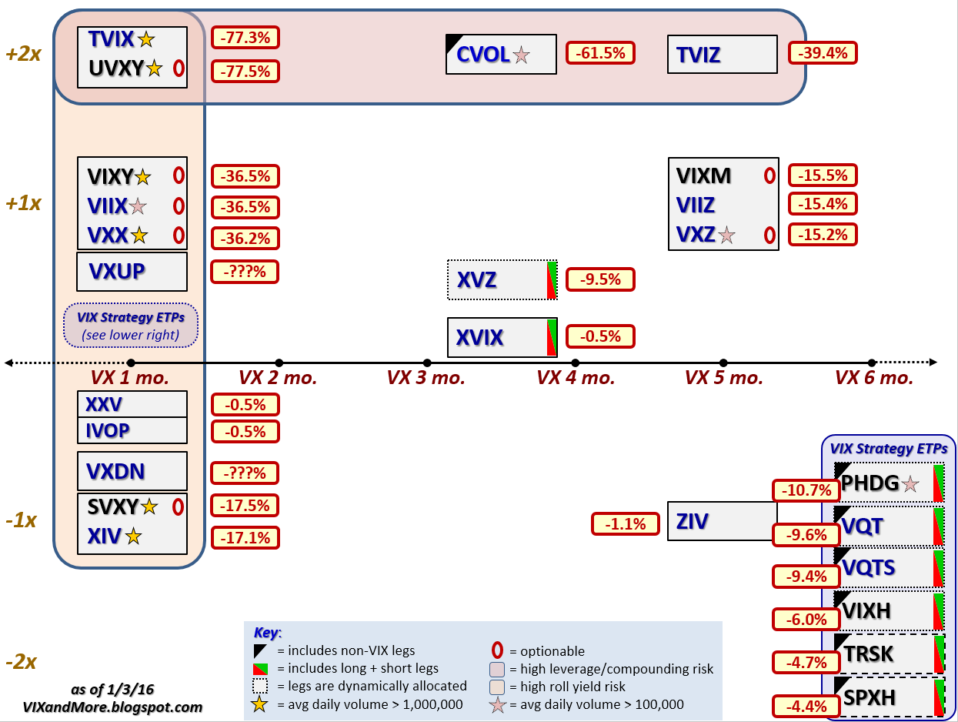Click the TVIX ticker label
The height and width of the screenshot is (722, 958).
click(112, 39)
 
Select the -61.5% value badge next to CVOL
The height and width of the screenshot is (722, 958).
click(600, 52)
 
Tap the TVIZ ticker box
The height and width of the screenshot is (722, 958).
click(722, 55)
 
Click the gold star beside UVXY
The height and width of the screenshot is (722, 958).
click(154, 69)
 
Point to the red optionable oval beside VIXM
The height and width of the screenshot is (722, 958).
click(768, 175)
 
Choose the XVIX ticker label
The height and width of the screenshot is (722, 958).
click(479, 338)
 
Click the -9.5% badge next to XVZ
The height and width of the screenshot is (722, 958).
click(600, 279)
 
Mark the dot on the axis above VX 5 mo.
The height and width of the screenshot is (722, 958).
click(723, 363)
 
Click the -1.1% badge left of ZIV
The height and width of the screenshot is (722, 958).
click(625, 524)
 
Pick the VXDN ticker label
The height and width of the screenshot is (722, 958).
click(116, 471)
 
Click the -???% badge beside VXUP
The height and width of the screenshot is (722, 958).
click(245, 272)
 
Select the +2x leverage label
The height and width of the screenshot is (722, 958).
click(23, 55)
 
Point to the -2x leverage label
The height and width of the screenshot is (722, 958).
click(21, 662)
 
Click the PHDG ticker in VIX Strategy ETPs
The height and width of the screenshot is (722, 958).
click(870, 483)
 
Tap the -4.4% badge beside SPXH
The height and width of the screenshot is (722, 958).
click(806, 706)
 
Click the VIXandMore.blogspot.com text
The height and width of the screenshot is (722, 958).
click(135, 707)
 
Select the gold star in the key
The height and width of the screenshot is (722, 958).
click(259, 704)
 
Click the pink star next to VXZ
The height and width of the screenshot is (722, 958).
click(726, 236)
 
